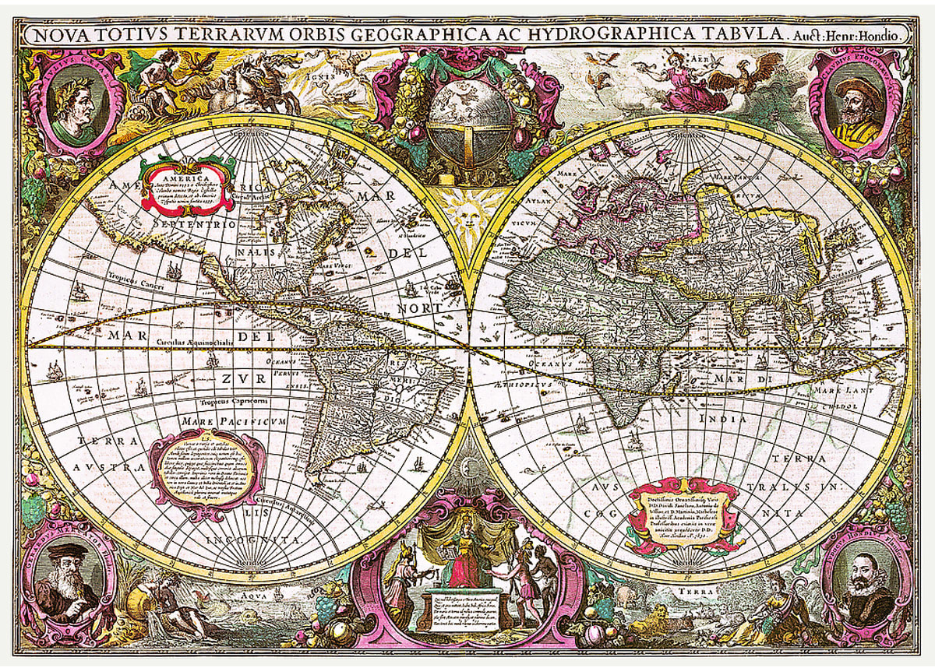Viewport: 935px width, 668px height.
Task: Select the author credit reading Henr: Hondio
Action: pyautogui.click(x=870, y=34)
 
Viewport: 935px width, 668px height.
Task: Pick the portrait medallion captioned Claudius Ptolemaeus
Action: pyautogui.click(x=856, y=105)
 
